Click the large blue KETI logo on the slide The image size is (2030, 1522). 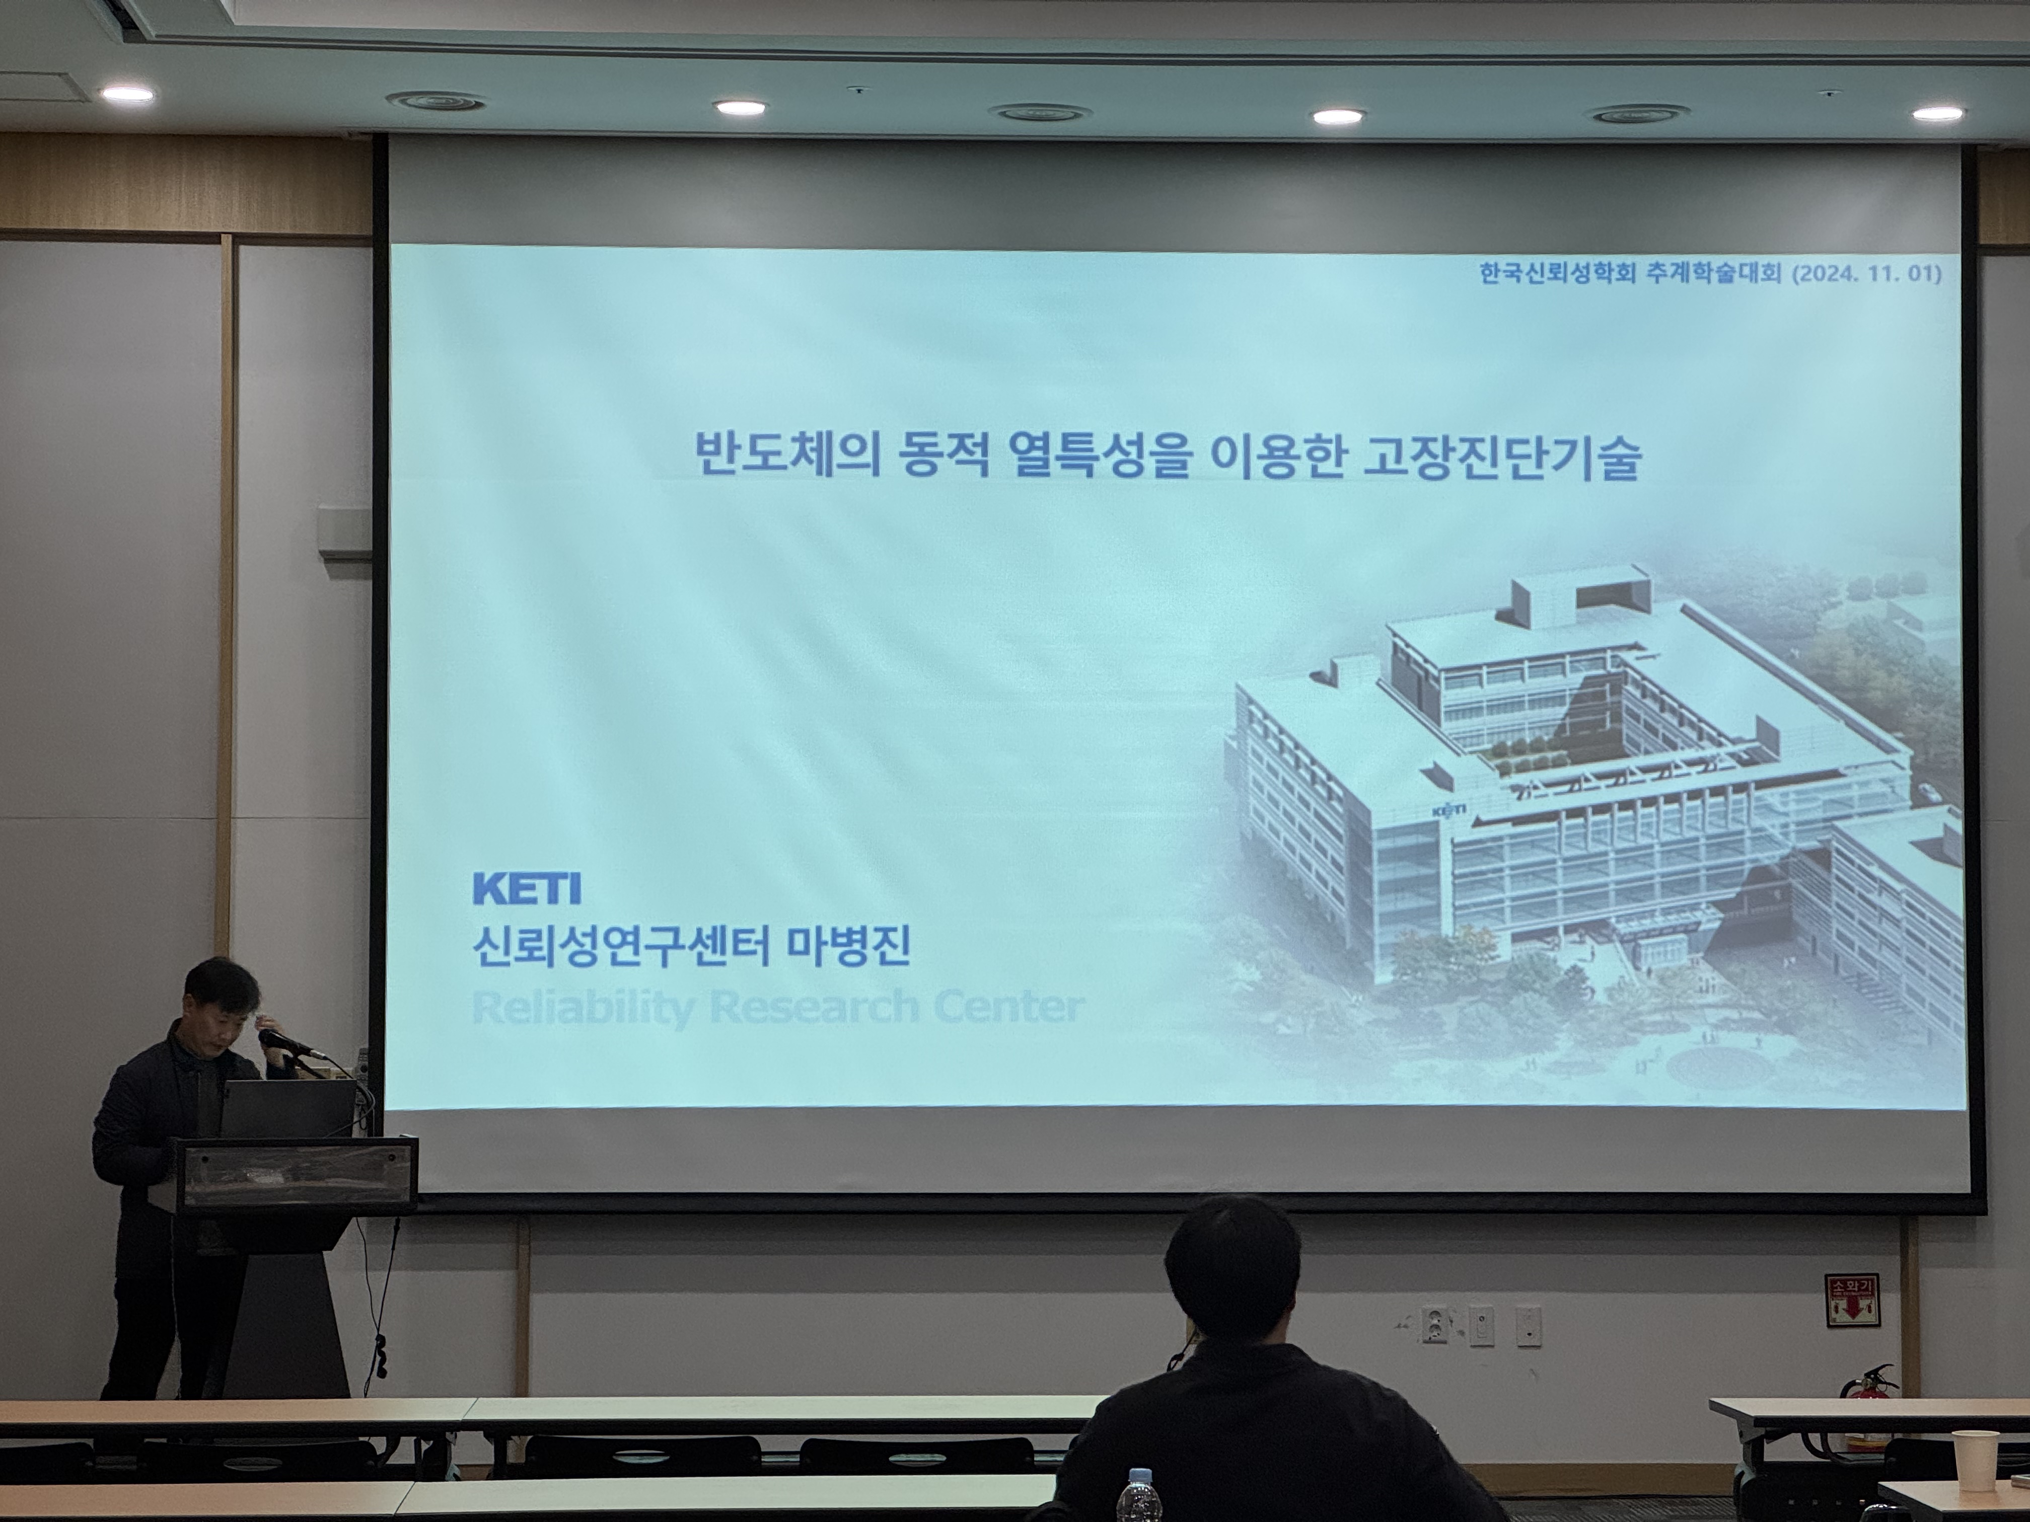tap(527, 888)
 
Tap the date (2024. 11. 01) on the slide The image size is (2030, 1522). tap(1867, 273)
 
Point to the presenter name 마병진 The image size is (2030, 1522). tap(849, 946)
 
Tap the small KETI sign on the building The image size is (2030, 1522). tap(1448, 810)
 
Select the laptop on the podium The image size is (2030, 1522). tap(287, 1108)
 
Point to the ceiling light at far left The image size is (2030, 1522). tap(127, 94)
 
